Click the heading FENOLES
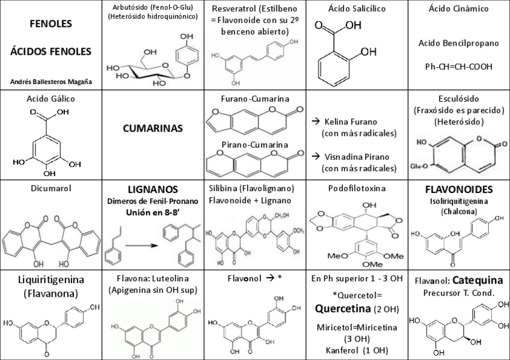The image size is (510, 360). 51,25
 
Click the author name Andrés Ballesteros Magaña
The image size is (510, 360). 51,81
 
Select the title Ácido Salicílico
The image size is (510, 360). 357,9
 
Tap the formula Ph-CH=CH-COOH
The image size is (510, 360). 459,66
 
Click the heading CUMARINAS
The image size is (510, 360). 153,128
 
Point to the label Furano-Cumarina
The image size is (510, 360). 255,99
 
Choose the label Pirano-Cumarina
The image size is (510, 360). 255,145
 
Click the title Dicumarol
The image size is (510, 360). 51,188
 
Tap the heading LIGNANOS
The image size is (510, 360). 153,189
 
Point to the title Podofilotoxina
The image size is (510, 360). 357,188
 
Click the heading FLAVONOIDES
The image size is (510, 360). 459,189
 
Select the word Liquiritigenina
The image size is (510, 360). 51,279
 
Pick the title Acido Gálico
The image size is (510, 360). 51,99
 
